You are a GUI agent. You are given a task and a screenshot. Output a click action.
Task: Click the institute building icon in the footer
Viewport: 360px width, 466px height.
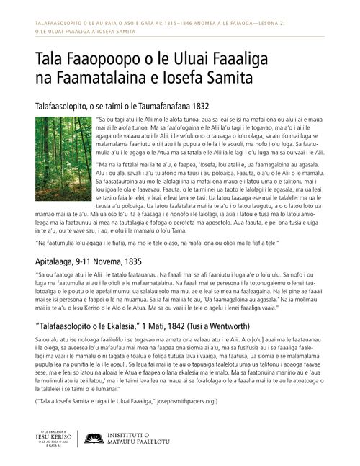(x=93, y=439)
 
